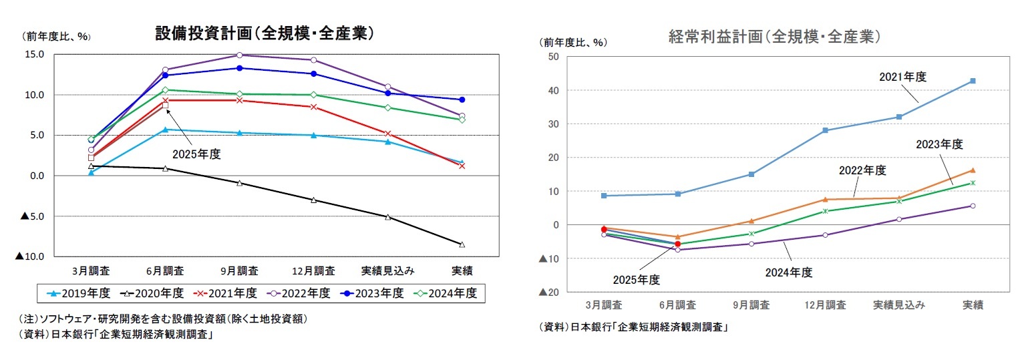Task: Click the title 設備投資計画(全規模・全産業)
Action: pos(264,34)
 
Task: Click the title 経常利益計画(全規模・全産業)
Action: pos(774,37)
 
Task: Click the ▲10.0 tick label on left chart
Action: pos(30,256)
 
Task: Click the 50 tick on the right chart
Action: pos(553,57)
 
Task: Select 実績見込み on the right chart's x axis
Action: pos(899,305)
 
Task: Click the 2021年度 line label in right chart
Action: pos(902,77)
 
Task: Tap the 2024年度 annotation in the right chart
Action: pos(788,272)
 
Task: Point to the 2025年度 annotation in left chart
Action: pos(196,154)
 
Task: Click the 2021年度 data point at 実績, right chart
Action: pos(973,81)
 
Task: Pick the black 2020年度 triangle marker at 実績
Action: pos(462,244)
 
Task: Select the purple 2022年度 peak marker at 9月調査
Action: pos(239,55)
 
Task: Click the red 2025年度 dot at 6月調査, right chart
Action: pos(677,244)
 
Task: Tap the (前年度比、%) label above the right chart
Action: pos(573,42)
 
